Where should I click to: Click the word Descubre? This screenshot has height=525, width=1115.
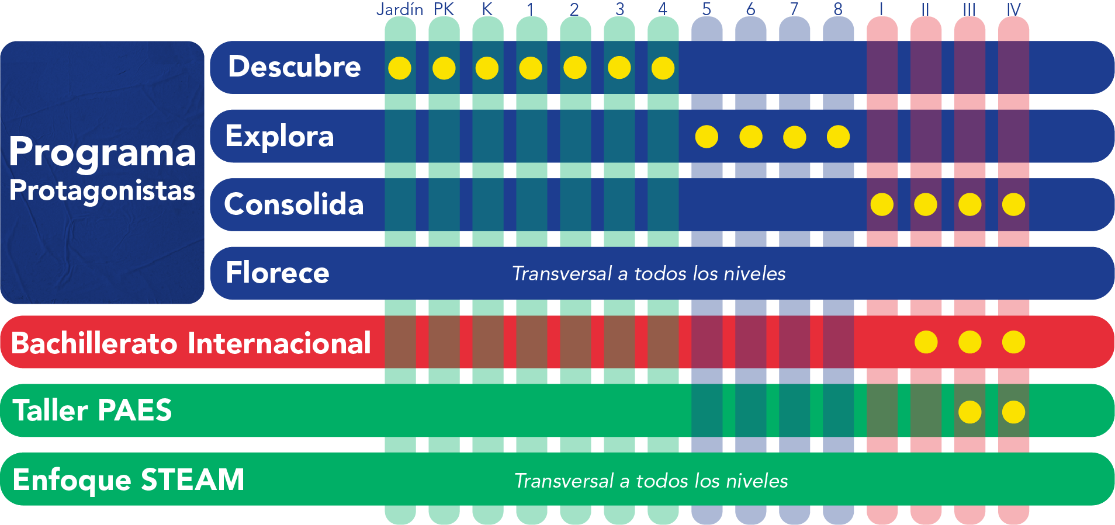pos(294,67)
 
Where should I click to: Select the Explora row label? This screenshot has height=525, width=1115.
pos(279,136)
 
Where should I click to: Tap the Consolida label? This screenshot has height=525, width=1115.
pos(293,204)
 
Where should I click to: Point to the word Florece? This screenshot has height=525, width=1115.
pos(278,273)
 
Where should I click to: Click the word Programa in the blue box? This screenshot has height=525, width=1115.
pos(102,152)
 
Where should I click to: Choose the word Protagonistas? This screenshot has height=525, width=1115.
pos(102,191)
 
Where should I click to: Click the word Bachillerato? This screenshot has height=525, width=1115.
pos(94,343)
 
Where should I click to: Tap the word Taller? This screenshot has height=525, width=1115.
pos(50,410)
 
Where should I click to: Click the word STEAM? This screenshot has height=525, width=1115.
pos(192,479)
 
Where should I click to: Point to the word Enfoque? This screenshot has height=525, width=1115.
pos(72,481)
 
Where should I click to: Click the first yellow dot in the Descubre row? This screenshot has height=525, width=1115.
pos(400,68)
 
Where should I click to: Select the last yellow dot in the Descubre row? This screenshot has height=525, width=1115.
pos(663,68)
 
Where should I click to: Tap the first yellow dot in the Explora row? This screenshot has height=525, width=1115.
pos(707,137)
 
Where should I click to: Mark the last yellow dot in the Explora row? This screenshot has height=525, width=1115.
pos(838,137)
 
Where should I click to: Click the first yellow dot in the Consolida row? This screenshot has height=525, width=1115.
pos(882,204)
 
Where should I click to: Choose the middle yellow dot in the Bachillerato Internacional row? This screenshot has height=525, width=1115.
pos(969,342)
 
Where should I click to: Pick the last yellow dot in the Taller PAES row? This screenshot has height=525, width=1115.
pos(1013,412)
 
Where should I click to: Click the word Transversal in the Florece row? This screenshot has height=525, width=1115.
pos(562,273)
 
